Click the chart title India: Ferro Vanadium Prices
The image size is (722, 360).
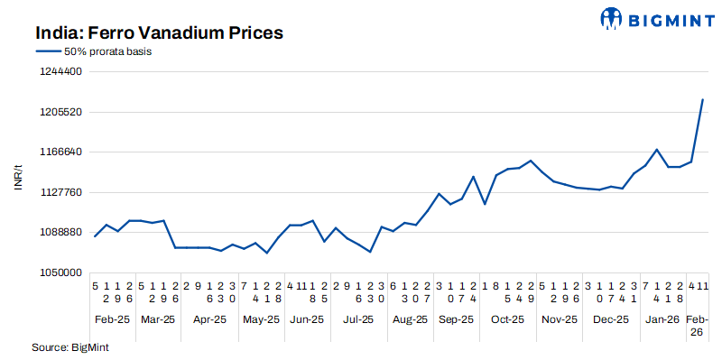coord(160,33)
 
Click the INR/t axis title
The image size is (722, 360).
coord(17,171)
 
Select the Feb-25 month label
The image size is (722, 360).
coord(112,319)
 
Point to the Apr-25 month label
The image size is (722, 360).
coord(209,319)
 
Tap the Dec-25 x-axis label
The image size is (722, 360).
coord(611,319)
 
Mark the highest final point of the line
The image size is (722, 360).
coord(703,99)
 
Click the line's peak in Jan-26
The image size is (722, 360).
coord(657,150)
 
